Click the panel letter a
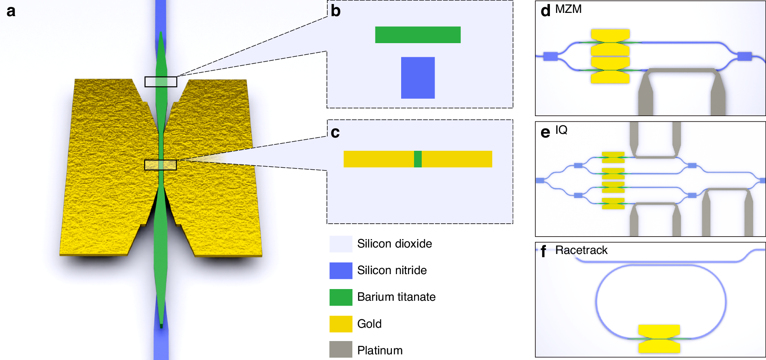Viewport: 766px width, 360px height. point(11,11)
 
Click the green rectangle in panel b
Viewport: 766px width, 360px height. point(418,35)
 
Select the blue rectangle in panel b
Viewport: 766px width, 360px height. point(418,77)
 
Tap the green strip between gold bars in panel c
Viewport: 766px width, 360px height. point(418,159)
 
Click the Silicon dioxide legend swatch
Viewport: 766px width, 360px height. point(341,244)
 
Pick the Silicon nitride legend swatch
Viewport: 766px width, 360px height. point(341,271)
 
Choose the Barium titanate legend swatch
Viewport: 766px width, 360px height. point(341,297)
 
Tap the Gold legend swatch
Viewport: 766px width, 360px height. point(341,324)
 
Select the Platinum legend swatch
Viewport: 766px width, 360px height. point(341,350)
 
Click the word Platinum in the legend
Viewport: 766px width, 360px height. point(380,350)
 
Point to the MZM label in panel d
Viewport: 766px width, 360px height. point(568,9)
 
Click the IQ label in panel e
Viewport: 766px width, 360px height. point(561,130)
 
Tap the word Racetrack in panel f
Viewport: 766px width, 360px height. point(581,250)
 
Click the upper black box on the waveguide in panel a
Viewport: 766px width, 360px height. point(161,82)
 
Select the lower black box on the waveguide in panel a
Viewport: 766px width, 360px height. point(160,165)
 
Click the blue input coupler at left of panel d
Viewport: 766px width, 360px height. point(550,56)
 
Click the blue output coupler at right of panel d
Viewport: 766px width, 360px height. point(744,56)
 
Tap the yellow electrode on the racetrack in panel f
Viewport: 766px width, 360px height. point(659,339)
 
